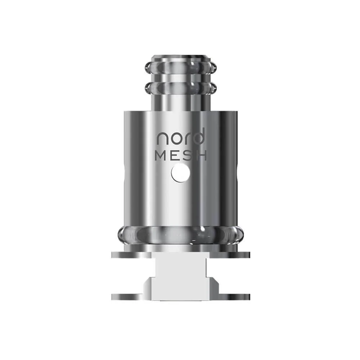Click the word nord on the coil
pyautogui.click(x=180, y=138)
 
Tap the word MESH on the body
pyautogui.click(x=180, y=156)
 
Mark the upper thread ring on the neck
pyautogui.click(x=180, y=67)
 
